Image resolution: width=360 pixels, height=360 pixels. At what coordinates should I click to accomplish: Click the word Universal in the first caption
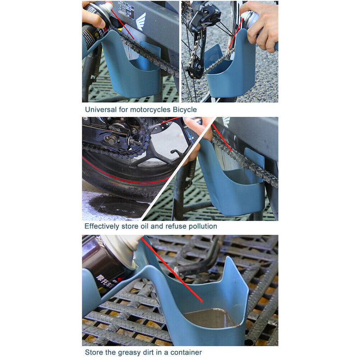pyautogui.click(x=99, y=109)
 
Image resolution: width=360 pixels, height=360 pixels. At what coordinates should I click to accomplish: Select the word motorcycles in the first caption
pyautogui.click(x=147, y=109)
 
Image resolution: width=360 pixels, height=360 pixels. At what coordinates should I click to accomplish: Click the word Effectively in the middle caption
pyautogui.click(x=101, y=226)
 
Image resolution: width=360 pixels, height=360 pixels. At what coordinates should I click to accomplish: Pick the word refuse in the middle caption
pyautogui.click(x=174, y=226)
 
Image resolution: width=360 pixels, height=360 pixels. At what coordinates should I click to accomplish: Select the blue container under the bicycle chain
pyautogui.click(x=229, y=72)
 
